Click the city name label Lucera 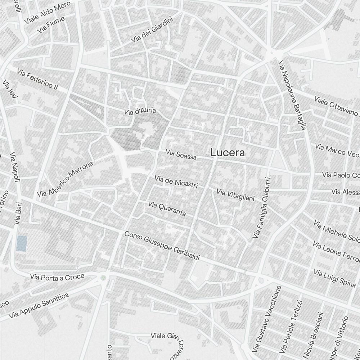(x=228, y=153)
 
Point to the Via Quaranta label (x=167, y=209)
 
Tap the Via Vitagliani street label (x=235, y=194)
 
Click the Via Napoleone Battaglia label (x=292, y=95)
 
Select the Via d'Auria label (x=140, y=111)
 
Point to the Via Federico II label (x=37, y=80)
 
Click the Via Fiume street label (x=51, y=25)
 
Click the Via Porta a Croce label (x=58, y=276)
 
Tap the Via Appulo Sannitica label (x=39, y=305)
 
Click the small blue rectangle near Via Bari (x=22, y=243)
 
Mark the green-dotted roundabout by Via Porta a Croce (x=104, y=278)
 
